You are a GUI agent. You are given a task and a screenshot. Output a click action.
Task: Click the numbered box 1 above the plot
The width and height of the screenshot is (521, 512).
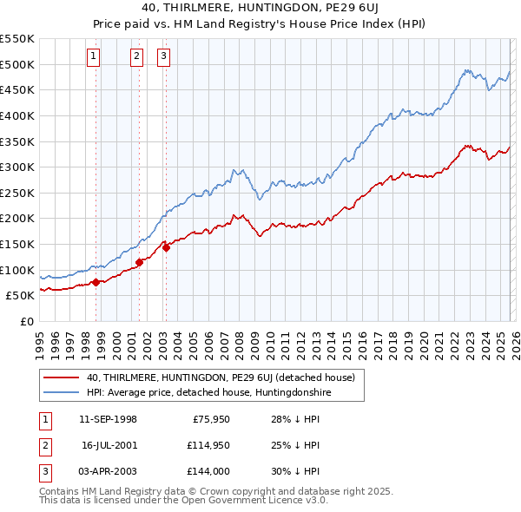pos(94,57)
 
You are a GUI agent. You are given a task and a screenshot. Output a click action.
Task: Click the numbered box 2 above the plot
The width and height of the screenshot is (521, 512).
pos(137,57)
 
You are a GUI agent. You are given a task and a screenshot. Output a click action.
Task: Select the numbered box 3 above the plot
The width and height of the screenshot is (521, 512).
pos(164,57)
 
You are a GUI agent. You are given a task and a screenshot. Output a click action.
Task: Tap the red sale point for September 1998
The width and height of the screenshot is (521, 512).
pos(96,281)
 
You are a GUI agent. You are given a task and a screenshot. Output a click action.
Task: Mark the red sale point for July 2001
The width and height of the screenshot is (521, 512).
pos(139,261)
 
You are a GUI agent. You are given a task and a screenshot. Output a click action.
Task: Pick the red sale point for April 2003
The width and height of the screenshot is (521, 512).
pos(165,246)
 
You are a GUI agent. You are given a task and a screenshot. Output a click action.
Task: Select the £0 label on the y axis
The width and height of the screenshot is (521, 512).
pos(26,321)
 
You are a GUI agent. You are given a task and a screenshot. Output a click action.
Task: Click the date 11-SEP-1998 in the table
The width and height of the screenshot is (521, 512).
pos(108,419)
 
